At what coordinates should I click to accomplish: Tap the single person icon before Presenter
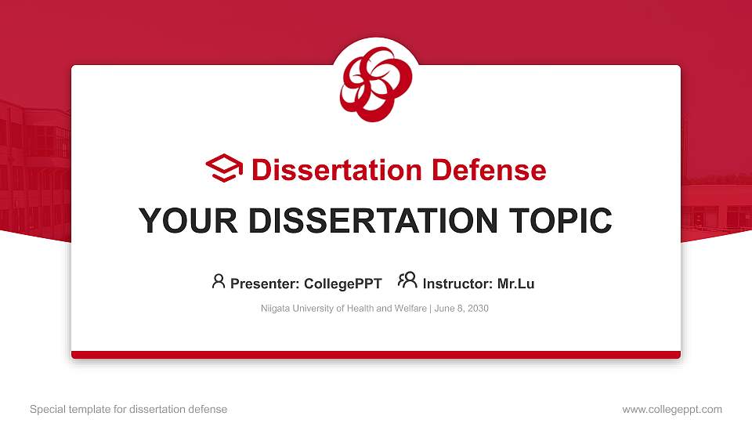tap(219, 281)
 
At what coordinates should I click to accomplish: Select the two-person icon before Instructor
tap(407, 280)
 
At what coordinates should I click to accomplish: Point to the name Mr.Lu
tap(516, 284)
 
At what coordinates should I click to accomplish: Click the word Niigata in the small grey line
tap(276, 309)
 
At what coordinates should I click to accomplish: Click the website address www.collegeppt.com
tap(672, 409)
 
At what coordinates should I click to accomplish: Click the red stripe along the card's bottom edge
tap(376, 355)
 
